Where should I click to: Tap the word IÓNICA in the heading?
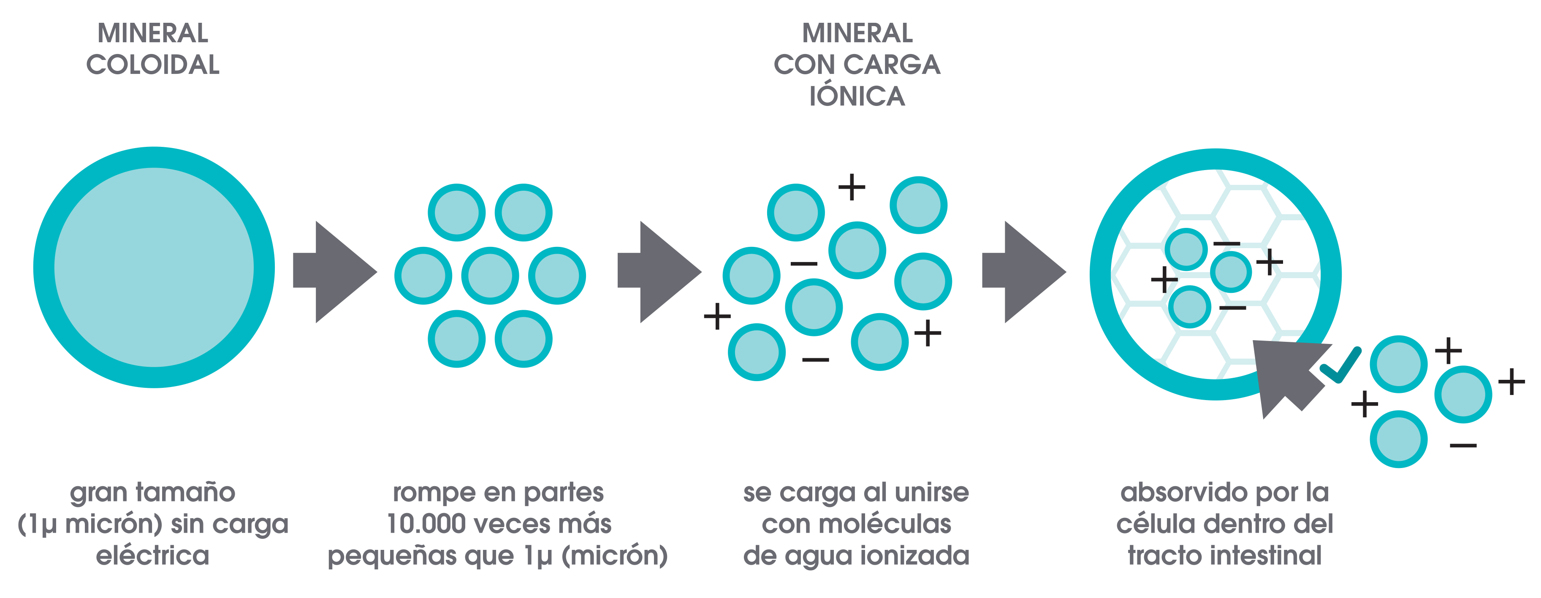857,96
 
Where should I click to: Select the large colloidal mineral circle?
154,267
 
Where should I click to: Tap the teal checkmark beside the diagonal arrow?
1341,366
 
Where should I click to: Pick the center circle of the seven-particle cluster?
490,276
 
